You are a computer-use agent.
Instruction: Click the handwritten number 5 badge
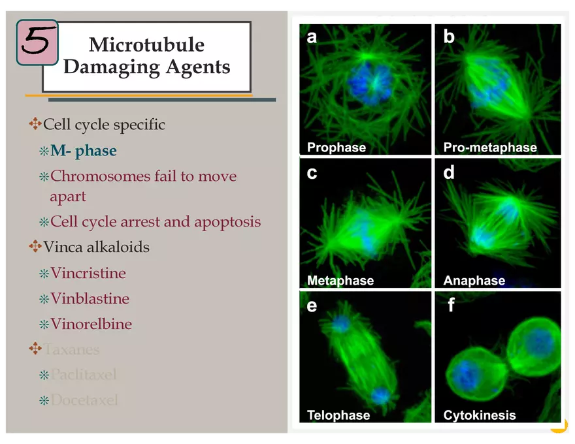tap(37, 42)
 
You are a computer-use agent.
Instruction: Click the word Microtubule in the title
tap(146, 44)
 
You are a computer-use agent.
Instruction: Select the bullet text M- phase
tap(84, 151)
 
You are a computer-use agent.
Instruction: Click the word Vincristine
tap(88, 274)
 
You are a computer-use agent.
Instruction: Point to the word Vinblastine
tap(90, 299)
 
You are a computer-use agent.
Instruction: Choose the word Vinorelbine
tap(91, 325)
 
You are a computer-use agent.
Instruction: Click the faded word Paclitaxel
tap(84, 375)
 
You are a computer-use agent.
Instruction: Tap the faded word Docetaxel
tap(84, 400)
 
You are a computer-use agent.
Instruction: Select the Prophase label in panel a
tap(337, 148)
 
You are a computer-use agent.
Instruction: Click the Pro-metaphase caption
tap(490, 148)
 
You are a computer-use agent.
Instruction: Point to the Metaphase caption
tap(340, 281)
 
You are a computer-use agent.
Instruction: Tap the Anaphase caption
tap(474, 281)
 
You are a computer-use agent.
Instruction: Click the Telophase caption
tap(338, 415)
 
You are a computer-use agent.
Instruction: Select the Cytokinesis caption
tap(480, 415)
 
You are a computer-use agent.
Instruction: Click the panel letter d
tap(449, 172)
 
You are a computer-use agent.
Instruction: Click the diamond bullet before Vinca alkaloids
tap(35, 247)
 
